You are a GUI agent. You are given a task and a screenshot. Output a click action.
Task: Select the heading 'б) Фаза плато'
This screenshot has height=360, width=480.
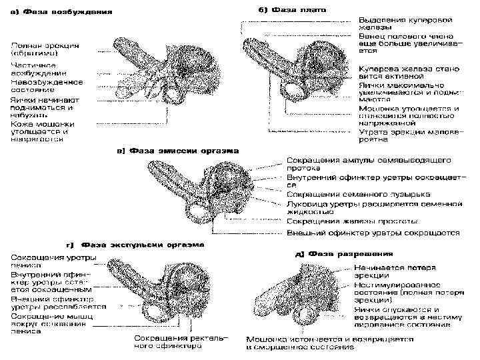tap(287, 11)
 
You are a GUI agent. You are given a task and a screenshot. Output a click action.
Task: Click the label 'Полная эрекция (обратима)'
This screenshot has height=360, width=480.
tap(44, 49)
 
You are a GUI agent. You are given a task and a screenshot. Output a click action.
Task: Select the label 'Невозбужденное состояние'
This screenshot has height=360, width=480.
tap(46, 86)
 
